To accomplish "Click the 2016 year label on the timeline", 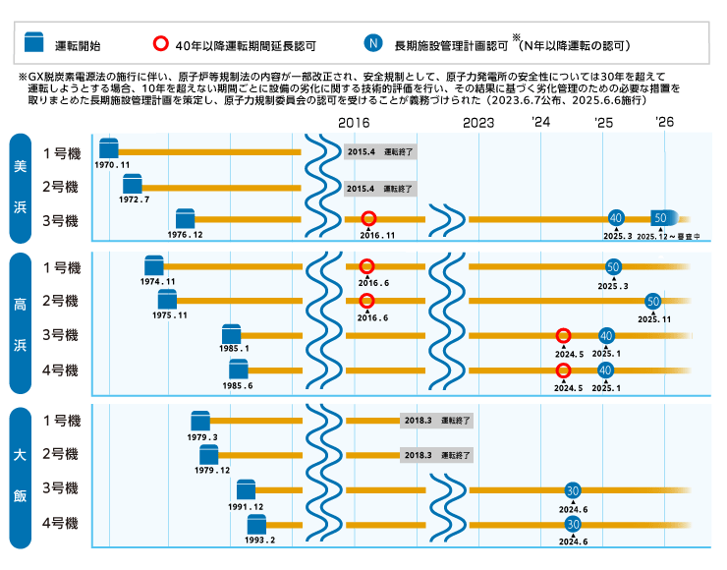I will tap(354, 123).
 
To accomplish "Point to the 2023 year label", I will tap(477, 123).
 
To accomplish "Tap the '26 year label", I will tap(665, 123).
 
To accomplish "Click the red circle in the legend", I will tap(161, 44).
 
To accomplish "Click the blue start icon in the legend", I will tap(35, 44).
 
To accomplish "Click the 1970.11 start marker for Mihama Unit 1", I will tap(108, 149).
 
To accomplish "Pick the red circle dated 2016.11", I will tap(368, 219).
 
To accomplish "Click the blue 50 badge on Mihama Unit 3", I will tap(662, 218).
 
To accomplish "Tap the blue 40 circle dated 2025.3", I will tap(616, 218).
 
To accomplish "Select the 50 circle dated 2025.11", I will tap(653, 302).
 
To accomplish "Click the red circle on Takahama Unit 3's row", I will tap(564, 336).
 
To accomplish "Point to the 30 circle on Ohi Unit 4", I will tap(573, 524).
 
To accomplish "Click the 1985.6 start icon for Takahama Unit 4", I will tap(238, 369).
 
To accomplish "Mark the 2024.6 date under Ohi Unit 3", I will tap(572, 508).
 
